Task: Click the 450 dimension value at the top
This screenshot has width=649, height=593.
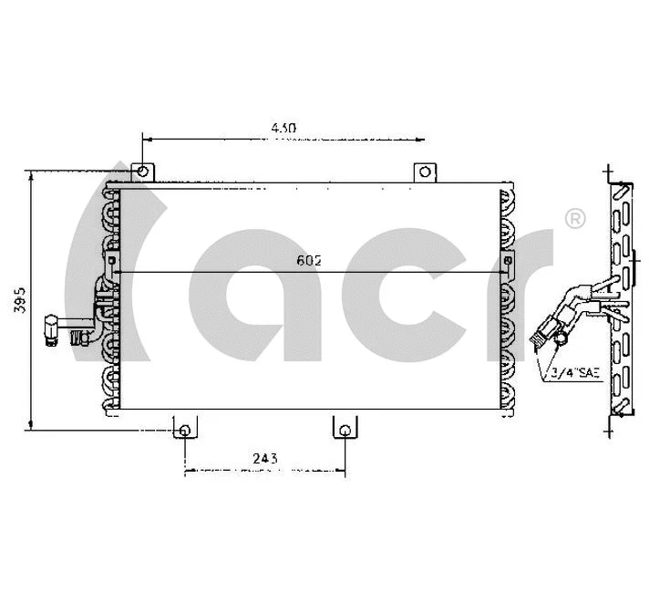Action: coord(283,129)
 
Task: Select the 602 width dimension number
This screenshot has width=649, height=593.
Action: coord(309,260)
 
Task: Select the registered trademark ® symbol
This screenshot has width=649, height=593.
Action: coord(575,219)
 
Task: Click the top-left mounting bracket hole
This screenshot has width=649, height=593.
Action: coord(142,172)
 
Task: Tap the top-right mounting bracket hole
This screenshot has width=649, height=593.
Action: coord(425,172)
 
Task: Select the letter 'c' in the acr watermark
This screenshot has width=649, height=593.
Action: coord(401,292)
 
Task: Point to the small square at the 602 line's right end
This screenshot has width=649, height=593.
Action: coord(510,260)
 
